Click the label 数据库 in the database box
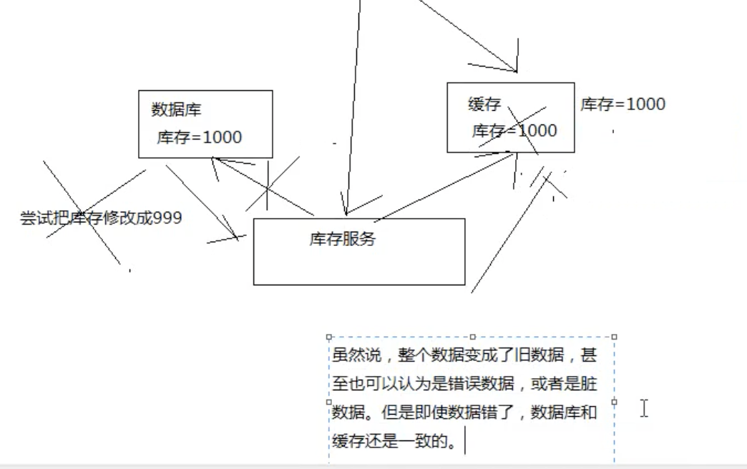point(176,109)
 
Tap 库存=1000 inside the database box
point(199,137)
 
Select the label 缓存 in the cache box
point(484,105)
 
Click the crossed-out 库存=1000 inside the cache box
point(514,131)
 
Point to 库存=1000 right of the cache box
point(622,104)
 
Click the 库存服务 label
point(342,240)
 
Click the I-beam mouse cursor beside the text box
point(644,408)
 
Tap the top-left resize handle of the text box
point(329,336)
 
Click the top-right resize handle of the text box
point(614,336)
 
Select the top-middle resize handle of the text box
point(472,336)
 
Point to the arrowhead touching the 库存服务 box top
point(346,212)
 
